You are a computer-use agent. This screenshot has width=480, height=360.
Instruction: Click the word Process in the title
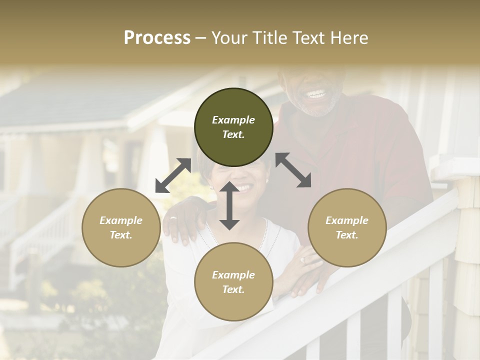point(157,38)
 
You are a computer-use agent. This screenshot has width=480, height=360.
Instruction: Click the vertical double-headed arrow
point(229,205)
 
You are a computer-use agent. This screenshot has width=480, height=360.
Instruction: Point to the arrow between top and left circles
point(173,175)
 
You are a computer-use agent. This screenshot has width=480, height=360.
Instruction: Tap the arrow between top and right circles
point(293,170)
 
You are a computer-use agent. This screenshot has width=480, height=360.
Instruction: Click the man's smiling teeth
point(316,93)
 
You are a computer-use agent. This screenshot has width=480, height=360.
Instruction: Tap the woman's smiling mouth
point(243,188)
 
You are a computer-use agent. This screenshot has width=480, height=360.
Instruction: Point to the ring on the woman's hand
point(302,260)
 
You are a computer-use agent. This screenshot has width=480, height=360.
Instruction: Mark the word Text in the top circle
point(233,134)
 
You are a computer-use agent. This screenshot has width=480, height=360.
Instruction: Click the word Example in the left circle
point(121,220)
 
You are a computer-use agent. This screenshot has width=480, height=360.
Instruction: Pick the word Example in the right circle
point(347,220)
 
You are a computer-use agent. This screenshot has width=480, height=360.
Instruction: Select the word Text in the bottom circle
point(233,289)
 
